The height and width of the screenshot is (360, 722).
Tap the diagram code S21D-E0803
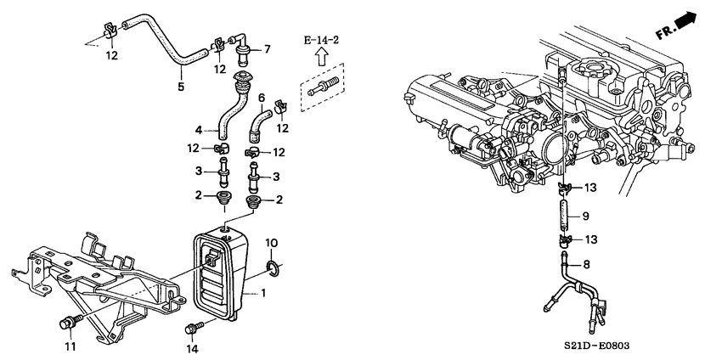click(x=596, y=346)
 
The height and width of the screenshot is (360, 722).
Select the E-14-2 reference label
click(x=321, y=41)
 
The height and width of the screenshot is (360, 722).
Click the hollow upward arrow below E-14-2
click(x=321, y=57)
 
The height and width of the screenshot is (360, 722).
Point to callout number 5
click(x=181, y=86)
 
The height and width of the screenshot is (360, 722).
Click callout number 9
click(x=586, y=216)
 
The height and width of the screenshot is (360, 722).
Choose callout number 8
click(x=586, y=264)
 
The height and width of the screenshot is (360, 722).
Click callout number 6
click(x=262, y=98)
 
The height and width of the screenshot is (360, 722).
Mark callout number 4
click(x=199, y=131)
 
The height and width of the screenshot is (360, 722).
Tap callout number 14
click(x=194, y=349)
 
